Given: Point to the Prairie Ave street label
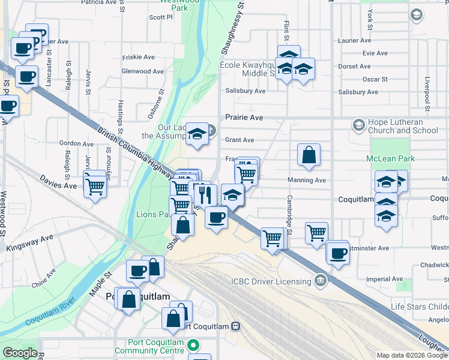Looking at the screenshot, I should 245,118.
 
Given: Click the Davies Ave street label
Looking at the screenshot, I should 58,182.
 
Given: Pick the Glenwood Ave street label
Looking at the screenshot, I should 142,71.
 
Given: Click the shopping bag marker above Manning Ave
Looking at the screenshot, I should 309,155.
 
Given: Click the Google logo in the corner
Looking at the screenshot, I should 20,353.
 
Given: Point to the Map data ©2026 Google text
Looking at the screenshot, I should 411,355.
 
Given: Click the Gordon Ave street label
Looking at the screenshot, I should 76,144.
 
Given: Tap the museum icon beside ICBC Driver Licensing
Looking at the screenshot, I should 321,281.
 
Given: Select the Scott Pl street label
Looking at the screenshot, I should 161,17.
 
